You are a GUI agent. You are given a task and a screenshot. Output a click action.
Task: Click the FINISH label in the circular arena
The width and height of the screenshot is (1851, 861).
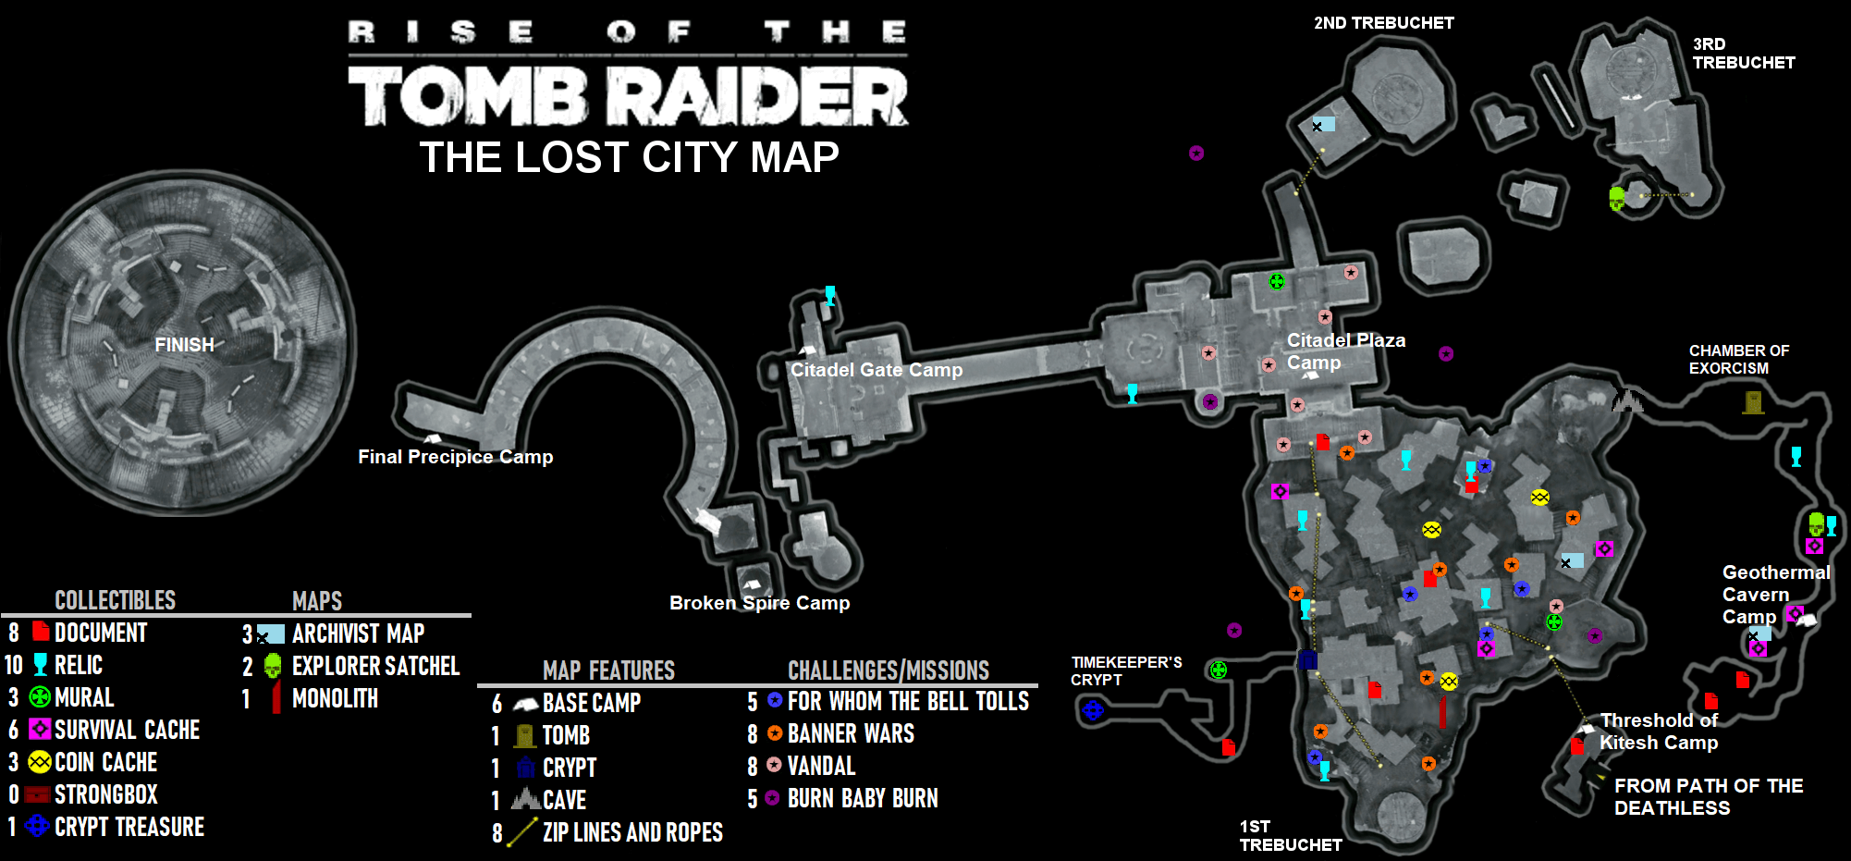tap(184, 345)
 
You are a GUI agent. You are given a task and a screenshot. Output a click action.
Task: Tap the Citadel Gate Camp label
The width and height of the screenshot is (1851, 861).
tap(876, 370)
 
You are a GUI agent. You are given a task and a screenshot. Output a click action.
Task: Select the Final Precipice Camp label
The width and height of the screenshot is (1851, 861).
tap(456, 457)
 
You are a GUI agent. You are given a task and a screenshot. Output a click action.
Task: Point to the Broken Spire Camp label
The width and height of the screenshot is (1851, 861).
tap(760, 603)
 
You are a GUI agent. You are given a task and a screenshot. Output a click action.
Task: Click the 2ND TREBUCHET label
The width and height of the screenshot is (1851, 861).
tap(1384, 23)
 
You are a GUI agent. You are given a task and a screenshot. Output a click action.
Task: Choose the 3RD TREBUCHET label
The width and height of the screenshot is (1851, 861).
tap(1744, 54)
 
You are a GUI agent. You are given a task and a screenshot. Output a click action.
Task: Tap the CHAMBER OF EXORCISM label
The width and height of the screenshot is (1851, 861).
tap(1739, 360)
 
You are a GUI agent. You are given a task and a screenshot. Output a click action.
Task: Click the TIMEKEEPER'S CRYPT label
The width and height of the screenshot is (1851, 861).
tap(1126, 671)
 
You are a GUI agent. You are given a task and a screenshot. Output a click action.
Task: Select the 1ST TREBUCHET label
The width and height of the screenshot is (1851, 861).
tap(1291, 836)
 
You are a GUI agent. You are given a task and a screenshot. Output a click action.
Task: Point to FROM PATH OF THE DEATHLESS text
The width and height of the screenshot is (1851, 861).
tap(1709, 797)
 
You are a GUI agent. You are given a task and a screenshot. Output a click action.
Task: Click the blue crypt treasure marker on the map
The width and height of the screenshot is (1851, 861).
tap(1093, 710)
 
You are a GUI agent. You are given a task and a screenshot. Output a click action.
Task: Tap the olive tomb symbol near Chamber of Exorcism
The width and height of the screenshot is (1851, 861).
tap(1753, 402)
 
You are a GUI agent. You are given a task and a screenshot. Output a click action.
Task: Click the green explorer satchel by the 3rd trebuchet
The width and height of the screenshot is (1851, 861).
tap(1617, 199)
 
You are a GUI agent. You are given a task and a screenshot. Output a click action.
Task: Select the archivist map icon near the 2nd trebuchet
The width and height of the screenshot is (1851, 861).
tap(1323, 125)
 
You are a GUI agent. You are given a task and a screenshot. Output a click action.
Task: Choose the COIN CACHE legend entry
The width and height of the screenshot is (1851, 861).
tap(92, 762)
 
